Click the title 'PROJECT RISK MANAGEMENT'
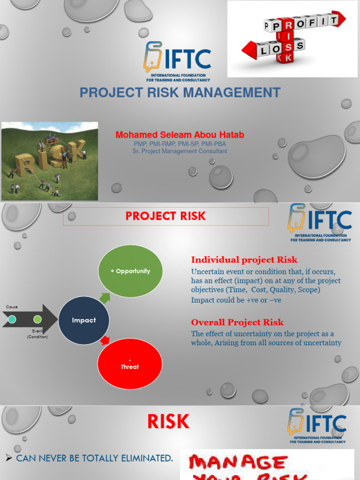[x=180, y=92]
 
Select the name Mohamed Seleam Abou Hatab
[x=180, y=135]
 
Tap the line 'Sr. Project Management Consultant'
[x=180, y=151]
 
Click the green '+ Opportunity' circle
[x=130, y=271]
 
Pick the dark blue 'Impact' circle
[x=84, y=320]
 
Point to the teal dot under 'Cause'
[x=12, y=320]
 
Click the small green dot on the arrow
[x=37, y=320]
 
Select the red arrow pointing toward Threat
[x=105, y=340]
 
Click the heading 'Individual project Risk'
[x=244, y=260]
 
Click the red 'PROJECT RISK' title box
[x=165, y=216]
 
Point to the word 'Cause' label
[x=12, y=307]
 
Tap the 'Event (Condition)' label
[x=37, y=334]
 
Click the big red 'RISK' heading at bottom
[x=168, y=422]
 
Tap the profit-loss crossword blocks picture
[x=292, y=38]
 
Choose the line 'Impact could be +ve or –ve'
[x=236, y=300]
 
